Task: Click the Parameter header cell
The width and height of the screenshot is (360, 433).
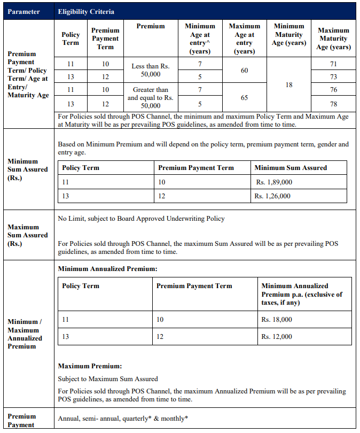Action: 24,11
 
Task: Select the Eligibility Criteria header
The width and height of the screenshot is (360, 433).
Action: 85,11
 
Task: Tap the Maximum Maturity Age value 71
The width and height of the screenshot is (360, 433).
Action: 334,64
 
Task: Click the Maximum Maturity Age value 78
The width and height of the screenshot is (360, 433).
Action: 334,104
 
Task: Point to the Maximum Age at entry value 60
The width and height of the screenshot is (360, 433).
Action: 244,71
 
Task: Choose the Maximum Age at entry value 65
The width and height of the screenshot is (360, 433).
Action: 244,97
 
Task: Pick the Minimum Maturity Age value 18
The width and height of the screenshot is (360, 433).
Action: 289,84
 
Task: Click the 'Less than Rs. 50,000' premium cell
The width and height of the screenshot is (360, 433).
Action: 150,70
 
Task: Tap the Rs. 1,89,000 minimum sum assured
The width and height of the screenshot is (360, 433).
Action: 274,182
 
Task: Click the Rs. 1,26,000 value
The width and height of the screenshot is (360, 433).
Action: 274,196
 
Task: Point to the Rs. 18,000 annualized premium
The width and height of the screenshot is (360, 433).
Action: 277,319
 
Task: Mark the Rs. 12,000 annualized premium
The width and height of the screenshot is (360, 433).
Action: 277,337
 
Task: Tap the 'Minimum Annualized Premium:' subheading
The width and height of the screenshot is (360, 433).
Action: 107,268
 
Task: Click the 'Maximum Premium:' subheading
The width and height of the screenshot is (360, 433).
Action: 90,366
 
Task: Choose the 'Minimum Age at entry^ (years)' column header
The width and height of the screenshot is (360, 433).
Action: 200,38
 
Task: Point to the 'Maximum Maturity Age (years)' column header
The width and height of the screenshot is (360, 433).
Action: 334,38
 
